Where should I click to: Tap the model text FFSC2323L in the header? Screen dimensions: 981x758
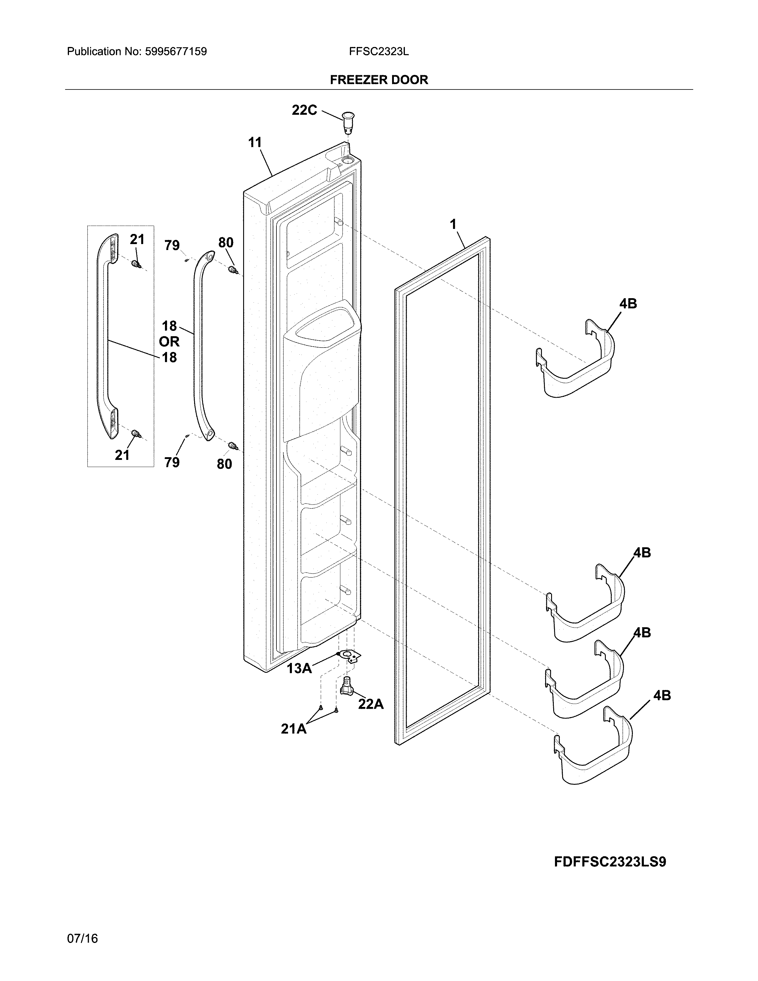[x=378, y=52]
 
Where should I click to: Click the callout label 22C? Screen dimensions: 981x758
[x=304, y=110]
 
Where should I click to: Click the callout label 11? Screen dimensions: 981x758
[x=255, y=143]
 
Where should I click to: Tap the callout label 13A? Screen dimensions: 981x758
[x=299, y=669]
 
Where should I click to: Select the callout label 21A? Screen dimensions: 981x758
[x=294, y=729]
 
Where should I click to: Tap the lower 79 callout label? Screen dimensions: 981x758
[x=172, y=462]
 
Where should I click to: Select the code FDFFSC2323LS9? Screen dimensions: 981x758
[x=610, y=862]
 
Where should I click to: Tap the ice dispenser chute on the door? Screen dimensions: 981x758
[x=323, y=368]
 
